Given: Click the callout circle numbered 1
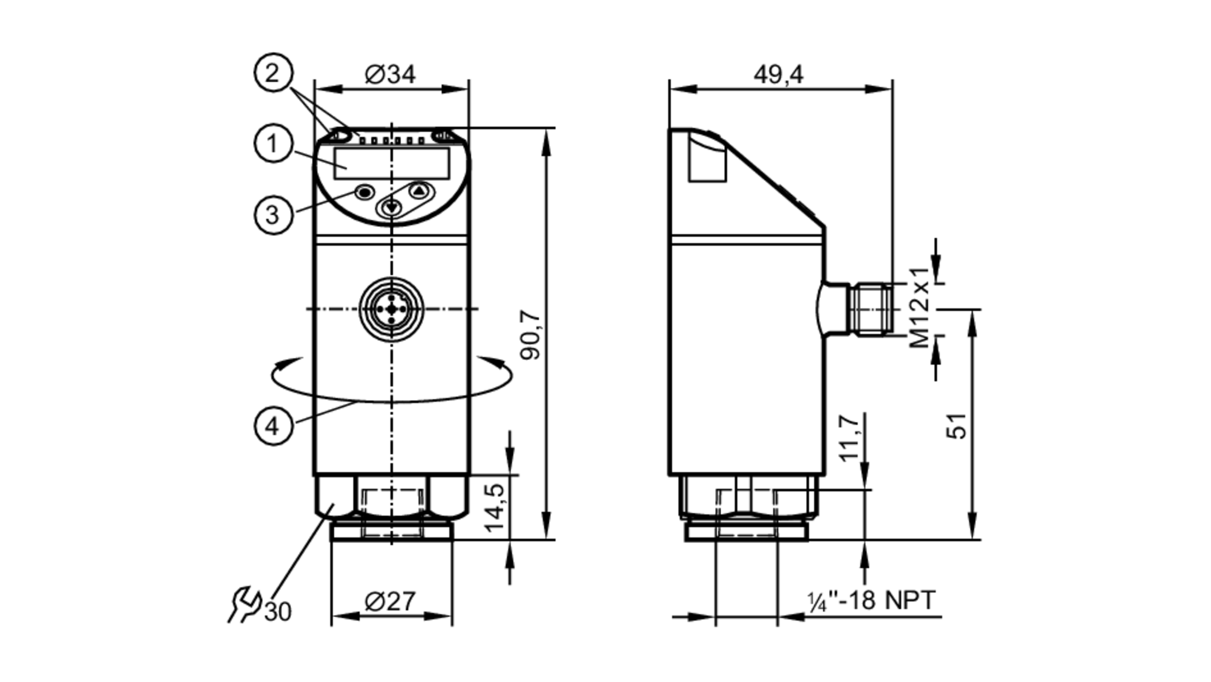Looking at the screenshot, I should coord(273,144).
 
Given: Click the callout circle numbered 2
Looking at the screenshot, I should coord(273,73).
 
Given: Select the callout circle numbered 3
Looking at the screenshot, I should coord(273,215).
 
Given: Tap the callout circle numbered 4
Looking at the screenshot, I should coord(273,426).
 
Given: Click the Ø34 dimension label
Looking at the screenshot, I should coord(391,74).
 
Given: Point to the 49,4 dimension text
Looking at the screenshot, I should coord(778,74).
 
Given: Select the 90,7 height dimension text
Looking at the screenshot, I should coord(532,335).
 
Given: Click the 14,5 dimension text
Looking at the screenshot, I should coord(495,507).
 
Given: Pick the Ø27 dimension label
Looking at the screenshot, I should coord(391,602).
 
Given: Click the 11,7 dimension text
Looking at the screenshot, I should coord(850,438).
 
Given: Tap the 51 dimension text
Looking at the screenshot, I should coord(957,425).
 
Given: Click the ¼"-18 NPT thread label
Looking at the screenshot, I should coord(872,601).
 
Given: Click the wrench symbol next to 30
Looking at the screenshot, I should coord(244,604).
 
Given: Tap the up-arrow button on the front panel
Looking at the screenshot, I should coord(419,192).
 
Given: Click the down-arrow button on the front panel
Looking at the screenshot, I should coord(392,208).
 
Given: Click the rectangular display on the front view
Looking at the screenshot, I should coord(392,163).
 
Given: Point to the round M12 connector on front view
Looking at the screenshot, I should coord(392,309).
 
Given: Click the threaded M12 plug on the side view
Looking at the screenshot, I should coord(871,309).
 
